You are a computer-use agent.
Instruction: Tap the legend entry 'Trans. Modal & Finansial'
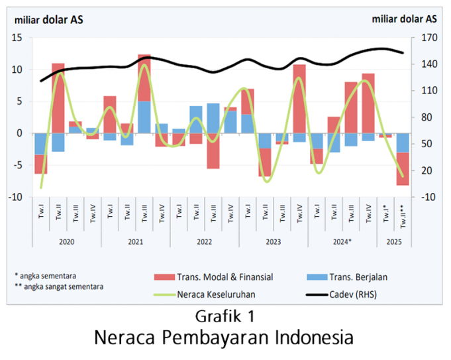pyautogui.click(x=225, y=276)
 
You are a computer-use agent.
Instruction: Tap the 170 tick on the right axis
pyautogui.click(x=428, y=38)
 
